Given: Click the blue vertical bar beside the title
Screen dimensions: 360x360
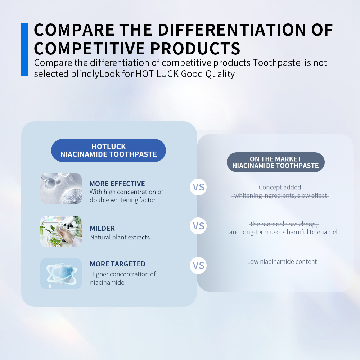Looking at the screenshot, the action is click(24, 50).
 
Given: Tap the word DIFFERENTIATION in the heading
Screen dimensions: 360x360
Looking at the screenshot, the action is click(231, 30).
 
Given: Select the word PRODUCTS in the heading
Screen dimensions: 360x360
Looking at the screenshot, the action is click(195, 49).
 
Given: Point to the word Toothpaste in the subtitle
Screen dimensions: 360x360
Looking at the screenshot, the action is click(276, 63).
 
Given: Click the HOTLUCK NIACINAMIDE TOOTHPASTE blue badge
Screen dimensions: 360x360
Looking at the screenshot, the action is click(108, 150).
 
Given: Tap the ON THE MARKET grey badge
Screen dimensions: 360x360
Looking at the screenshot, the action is click(275, 162).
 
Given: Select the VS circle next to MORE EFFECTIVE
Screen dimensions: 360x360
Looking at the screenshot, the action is click(198, 187).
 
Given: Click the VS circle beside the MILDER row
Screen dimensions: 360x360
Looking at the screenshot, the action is click(198, 226).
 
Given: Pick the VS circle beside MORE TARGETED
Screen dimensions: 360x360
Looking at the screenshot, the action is click(198, 265).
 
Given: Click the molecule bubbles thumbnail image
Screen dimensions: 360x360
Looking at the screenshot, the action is click(61, 189).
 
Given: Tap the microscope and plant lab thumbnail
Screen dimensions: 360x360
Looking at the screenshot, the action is click(61, 231).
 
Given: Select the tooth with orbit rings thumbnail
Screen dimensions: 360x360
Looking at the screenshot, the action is click(61, 274).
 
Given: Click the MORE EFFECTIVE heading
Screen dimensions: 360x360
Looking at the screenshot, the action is click(117, 184).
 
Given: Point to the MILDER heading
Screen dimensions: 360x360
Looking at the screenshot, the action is click(102, 229).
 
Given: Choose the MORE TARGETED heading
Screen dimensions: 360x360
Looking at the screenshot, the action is click(118, 264).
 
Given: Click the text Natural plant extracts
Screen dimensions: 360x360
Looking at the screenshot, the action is click(120, 237).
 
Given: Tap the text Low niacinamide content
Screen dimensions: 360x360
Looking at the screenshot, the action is click(282, 261).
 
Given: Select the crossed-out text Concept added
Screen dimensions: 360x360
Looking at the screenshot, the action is click(280, 187).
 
